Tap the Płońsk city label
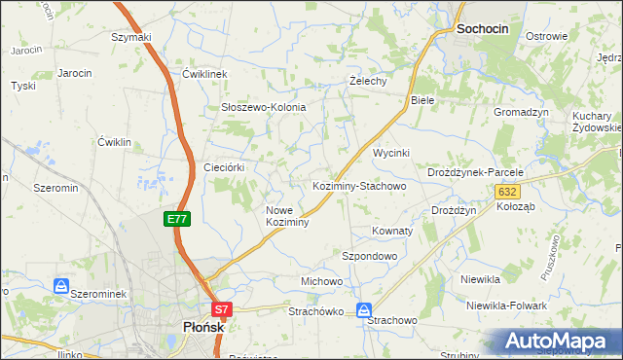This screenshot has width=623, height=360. [x=204, y=328]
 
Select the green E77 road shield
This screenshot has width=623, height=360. [x=176, y=220]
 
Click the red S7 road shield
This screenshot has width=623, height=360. [x=222, y=310]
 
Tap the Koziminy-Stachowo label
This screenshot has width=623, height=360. [x=358, y=185]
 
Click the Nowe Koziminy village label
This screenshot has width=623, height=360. [x=287, y=216]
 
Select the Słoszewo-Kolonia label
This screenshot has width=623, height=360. [x=264, y=107]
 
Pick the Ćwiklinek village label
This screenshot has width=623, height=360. [x=204, y=74]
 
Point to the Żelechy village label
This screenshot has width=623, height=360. [x=369, y=81]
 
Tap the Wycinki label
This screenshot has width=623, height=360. [x=391, y=154]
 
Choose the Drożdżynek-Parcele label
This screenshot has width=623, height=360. [x=476, y=172]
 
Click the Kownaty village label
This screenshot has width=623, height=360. [x=392, y=232]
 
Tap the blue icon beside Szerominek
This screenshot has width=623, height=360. [x=61, y=287]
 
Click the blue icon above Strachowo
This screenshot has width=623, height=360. [x=364, y=310]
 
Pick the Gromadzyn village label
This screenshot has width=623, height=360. [x=522, y=112]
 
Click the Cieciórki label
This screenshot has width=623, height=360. [x=223, y=167]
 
